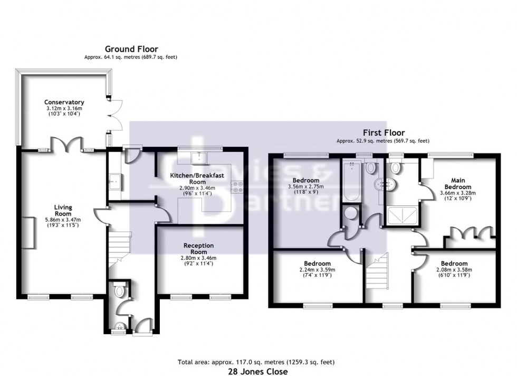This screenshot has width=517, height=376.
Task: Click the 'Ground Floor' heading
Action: point(131,49)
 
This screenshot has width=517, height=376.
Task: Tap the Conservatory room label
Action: point(64,102)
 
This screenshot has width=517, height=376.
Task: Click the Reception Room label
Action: point(198,246)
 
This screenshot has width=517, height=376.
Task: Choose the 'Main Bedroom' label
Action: point(457,184)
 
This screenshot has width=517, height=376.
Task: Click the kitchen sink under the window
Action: point(199,157)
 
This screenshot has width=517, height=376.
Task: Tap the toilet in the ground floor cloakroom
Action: point(119,290)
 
